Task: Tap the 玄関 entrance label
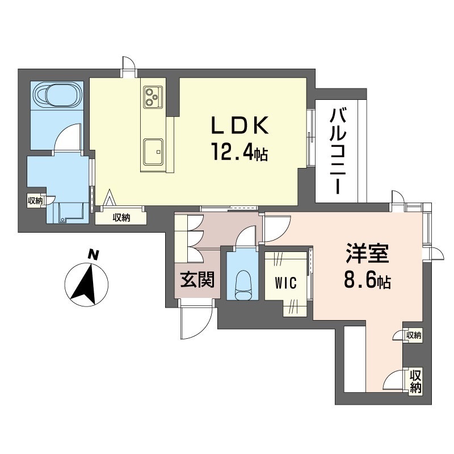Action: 197,279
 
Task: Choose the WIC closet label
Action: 285,283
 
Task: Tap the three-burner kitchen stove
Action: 152,96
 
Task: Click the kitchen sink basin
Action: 152,151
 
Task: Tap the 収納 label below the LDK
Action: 121,217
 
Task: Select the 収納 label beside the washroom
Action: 35,200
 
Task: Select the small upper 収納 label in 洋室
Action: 414,335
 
